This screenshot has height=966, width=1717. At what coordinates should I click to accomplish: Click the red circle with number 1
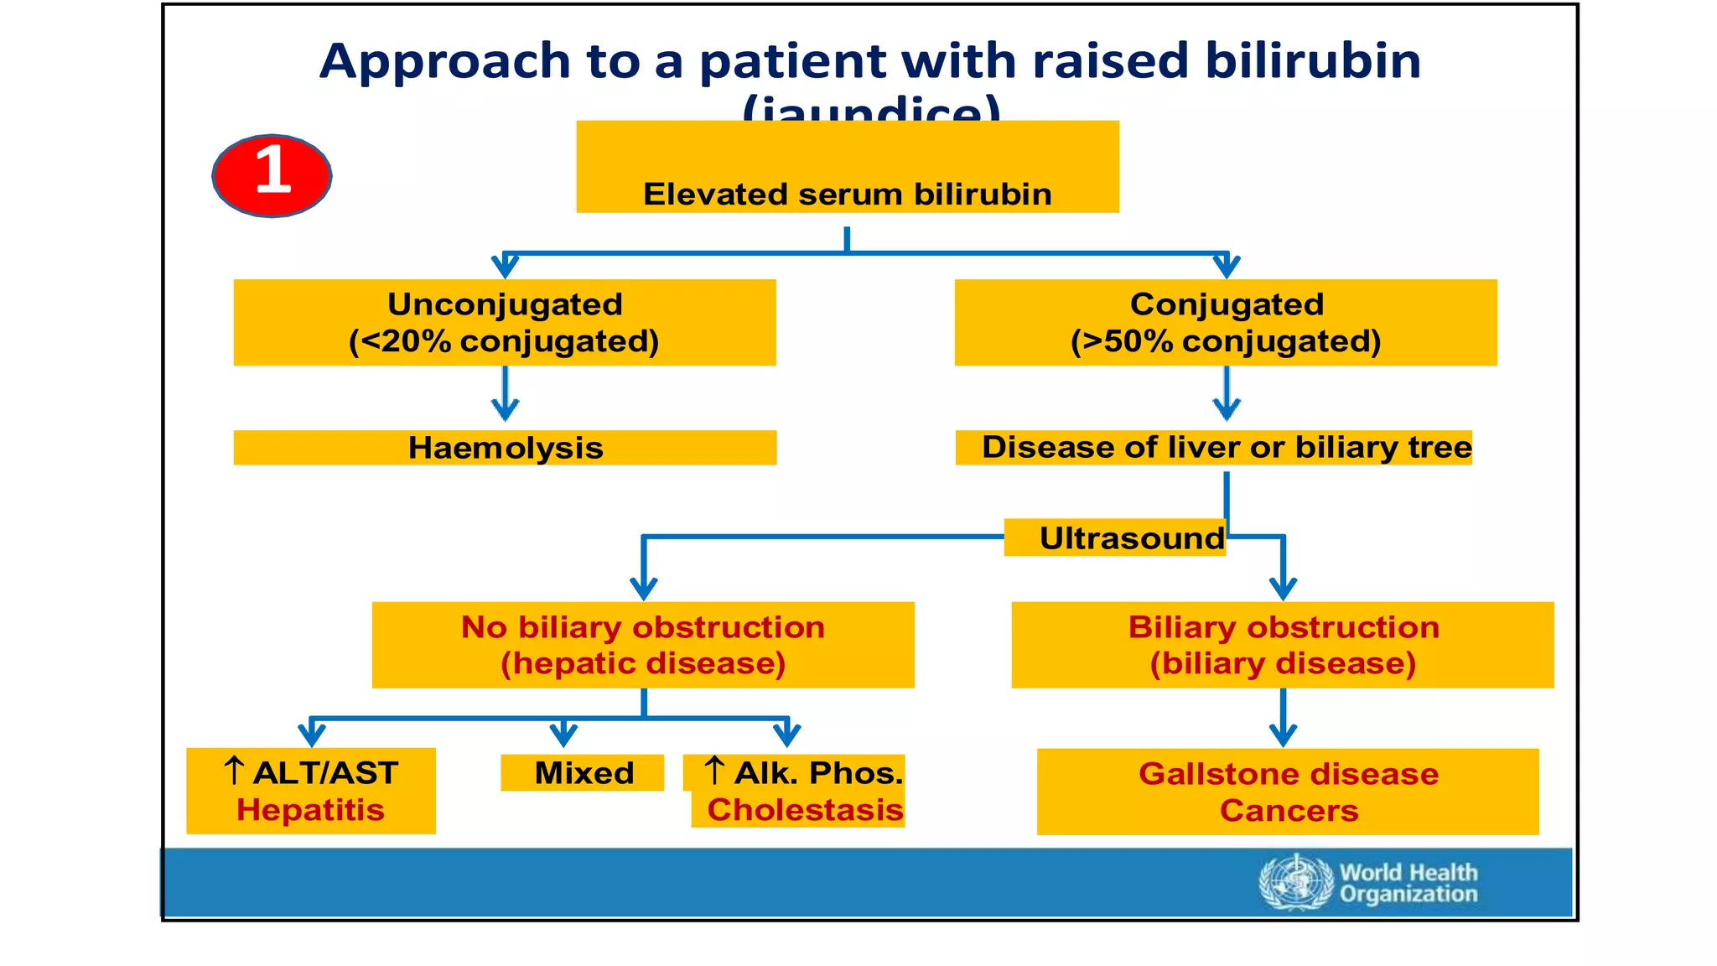(x=272, y=174)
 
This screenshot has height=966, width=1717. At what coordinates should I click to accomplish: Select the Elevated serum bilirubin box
(x=847, y=168)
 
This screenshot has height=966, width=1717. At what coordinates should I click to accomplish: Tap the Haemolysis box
(x=505, y=448)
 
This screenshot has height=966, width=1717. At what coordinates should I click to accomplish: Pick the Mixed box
(x=584, y=772)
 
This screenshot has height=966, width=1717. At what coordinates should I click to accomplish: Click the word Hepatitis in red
(x=310, y=810)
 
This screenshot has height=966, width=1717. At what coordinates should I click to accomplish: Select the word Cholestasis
(x=805, y=810)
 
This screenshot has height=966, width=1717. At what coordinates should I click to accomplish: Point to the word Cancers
(x=1288, y=811)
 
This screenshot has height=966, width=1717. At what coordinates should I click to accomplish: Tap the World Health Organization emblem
(x=1295, y=882)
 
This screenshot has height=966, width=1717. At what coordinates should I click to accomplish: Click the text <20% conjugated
(x=504, y=342)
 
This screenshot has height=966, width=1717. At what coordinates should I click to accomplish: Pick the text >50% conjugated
(x=1226, y=342)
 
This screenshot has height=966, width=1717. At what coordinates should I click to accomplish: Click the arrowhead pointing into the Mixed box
(x=563, y=736)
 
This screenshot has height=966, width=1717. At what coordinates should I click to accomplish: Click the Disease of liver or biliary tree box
(x=1213, y=448)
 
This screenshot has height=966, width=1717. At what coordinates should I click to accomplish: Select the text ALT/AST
(x=324, y=773)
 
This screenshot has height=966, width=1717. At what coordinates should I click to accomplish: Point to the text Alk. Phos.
(x=818, y=773)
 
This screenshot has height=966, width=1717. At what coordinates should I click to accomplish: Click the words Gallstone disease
(x=1288, y=774)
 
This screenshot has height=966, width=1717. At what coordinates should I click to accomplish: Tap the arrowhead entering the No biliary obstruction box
(x=643, y=587)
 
